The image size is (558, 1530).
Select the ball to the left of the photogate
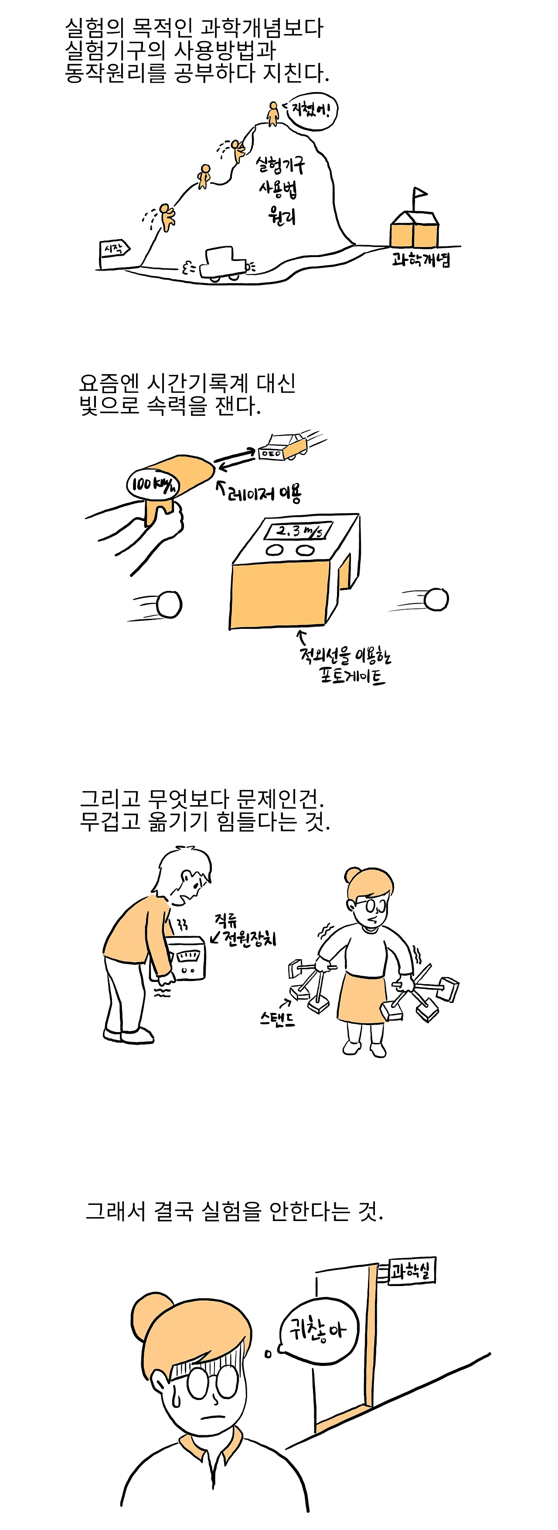(x=169, y=605)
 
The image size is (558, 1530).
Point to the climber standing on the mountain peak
(x=273, y=113)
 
